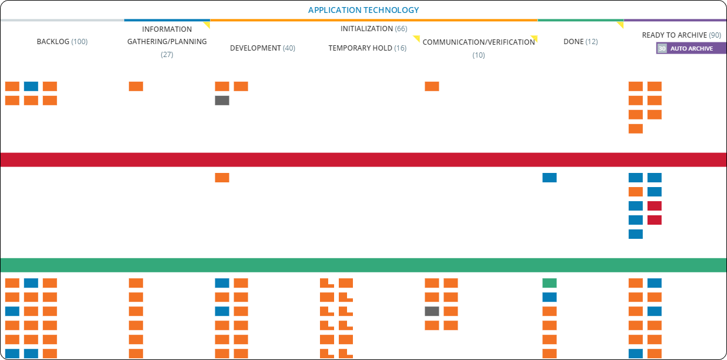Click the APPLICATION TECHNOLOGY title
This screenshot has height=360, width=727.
pos(363,10)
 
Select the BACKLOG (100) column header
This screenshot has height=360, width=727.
pos(62,42)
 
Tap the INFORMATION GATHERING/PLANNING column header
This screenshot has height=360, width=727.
pos(167,42)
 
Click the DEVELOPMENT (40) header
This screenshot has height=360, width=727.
pos(262,48)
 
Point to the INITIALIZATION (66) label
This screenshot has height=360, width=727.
pos(373,29)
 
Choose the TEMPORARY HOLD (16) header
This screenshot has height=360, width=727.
pos(367,48)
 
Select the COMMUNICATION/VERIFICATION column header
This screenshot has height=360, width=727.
pos(479,42)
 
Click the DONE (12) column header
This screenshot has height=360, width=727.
pos(580,42)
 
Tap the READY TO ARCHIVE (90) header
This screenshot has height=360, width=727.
pos(681,35)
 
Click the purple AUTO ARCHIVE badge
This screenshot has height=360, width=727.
pos(691,48)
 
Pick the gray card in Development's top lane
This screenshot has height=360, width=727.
pos(222,101)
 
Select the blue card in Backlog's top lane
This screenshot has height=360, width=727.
pos(31,86)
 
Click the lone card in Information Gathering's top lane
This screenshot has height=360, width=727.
pos(136,86)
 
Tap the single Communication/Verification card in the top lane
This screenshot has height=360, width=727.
pos(432,86)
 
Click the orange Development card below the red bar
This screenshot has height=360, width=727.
pos(222,178)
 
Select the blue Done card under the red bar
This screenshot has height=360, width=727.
pos(549,178)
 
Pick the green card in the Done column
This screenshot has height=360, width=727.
pos(549,283)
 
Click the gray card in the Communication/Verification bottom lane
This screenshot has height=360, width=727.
pos(432,311)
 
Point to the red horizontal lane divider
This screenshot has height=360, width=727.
pos(363,160)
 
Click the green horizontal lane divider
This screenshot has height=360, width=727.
pos(363,265)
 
